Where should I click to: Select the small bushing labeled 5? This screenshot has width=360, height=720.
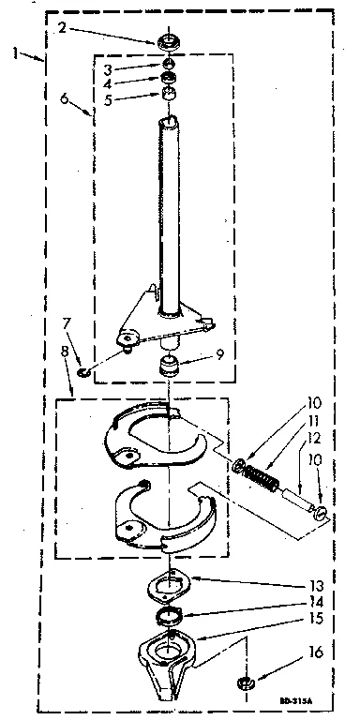coord(170,96)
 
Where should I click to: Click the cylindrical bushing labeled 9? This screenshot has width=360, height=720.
coord(169,364)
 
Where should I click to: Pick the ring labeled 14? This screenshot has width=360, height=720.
coord(170,618)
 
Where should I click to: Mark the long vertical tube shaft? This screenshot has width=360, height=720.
coord(169,216)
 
